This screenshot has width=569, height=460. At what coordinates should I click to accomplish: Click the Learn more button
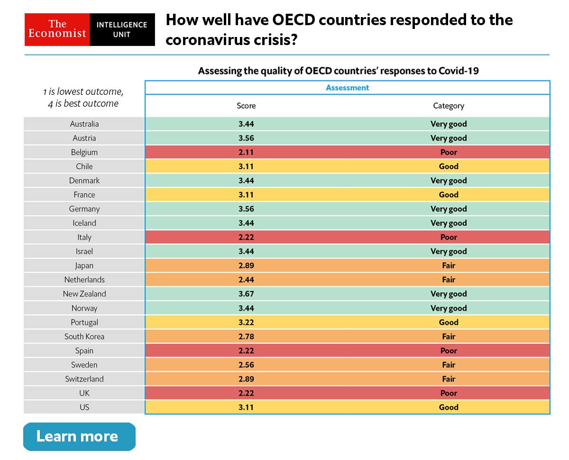pyautogui.click(x=79, y=436)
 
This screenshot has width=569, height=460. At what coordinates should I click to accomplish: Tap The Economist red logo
pyautogui.click(x=57, y=29)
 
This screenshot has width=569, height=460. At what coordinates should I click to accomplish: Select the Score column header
pyautogui.click(x=246, y=106)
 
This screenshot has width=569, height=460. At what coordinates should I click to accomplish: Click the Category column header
pyautogui.click(x=448, y=106)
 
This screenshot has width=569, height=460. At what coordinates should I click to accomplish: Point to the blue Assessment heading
pyautogui.click(x=347, y=88)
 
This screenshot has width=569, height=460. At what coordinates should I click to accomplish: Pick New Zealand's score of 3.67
pyautogui.click(x=246, y=294)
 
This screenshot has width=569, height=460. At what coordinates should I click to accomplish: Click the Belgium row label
pyautogui.click(x=84, y=152)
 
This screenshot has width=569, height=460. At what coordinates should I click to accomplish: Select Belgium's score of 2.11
pyautogui.click(x=246, y=152)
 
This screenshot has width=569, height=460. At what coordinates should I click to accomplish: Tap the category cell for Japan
pyautogui.click(x=448, y=266)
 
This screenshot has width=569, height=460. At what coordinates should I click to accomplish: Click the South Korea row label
pyautogui.click(x=84, y=336)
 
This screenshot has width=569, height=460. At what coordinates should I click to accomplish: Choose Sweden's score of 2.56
pyautogui.click(x=246, y=365)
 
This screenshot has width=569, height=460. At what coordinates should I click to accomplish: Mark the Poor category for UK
pyautogui.click(x=448, y=393)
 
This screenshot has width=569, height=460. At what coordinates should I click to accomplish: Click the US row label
pyautogui.click(x=84, y=407)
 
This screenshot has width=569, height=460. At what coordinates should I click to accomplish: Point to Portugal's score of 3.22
pyautogui.click(x=246, y=322)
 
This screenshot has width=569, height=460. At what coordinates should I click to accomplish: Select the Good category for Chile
pyautogui.click(x=448, y=166)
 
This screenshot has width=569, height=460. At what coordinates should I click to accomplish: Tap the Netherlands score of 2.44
pyautogui.click(x=246, y=280)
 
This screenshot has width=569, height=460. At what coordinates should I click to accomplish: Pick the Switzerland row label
pyautogui.click(x=84, y=379)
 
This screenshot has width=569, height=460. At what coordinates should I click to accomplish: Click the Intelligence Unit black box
pyautogui.click(x=122, y=29)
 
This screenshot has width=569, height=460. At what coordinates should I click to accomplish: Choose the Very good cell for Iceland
pyautogui.click(x=448, y=223)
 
